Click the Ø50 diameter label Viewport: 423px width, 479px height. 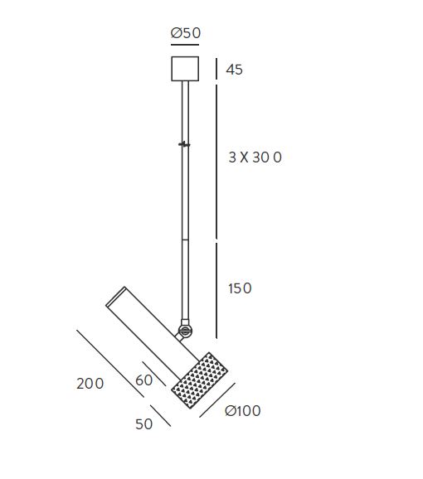click(186, 33)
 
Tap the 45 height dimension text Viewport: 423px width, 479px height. click(235, 70)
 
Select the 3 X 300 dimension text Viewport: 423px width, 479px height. click(255, 157)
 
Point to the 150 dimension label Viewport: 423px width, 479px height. click(240, 288)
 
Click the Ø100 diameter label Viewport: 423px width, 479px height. click(243, 410)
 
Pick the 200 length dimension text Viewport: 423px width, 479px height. click(90, 384)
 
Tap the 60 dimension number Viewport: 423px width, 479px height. click(144, 380)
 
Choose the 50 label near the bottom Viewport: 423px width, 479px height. click(144, 424)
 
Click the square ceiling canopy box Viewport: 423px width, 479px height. click(185, 69)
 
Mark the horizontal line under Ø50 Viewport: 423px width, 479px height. click(185, 45)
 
